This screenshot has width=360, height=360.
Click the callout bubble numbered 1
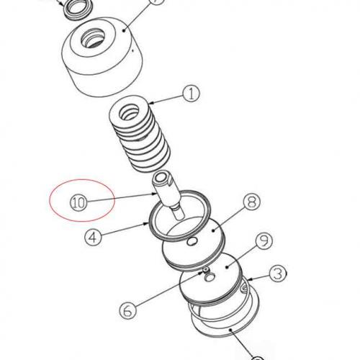pyautogui.click(x=190, y=93)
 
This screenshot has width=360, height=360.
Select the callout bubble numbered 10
pyautogui.click(x=77, y=202)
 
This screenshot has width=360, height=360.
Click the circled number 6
pyautogui.click(x=126, y=310)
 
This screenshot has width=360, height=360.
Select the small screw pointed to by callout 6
pyautogui.click(x=204, y=272)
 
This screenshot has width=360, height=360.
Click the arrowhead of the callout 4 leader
pyautogui.click(x=150, y=225)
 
